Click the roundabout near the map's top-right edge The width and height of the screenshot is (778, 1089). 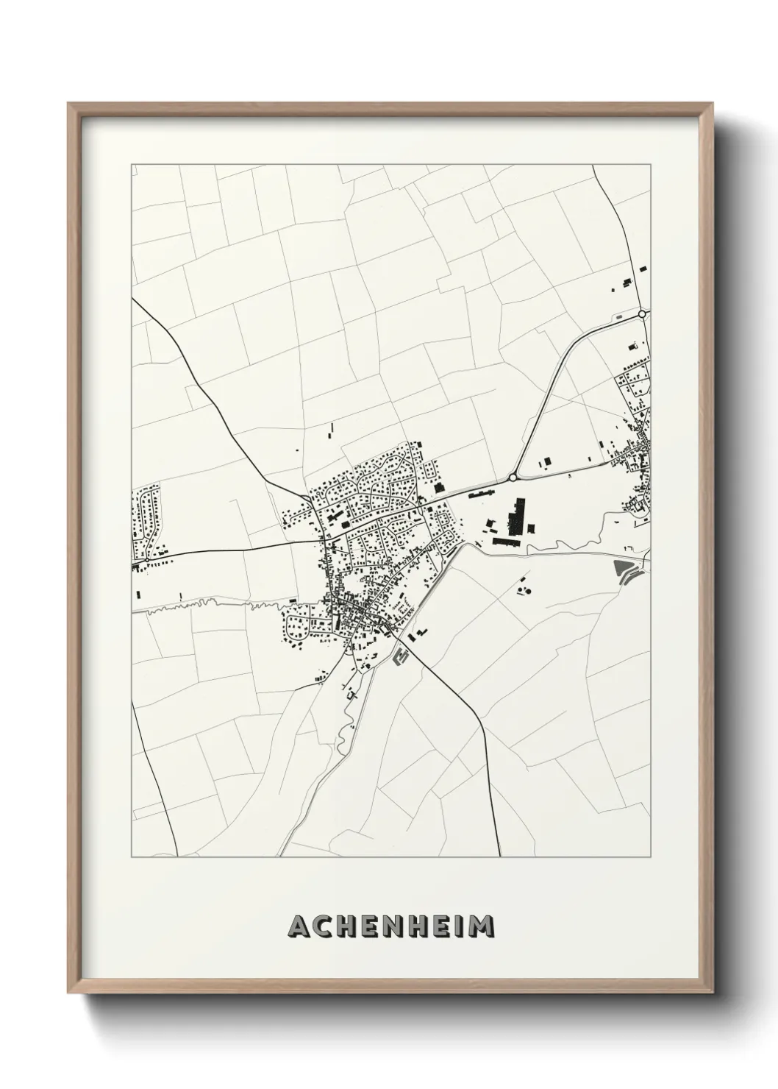point(642,314)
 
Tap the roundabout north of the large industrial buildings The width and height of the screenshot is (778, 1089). point(512,477)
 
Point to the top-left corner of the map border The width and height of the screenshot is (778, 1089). point(132,164)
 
